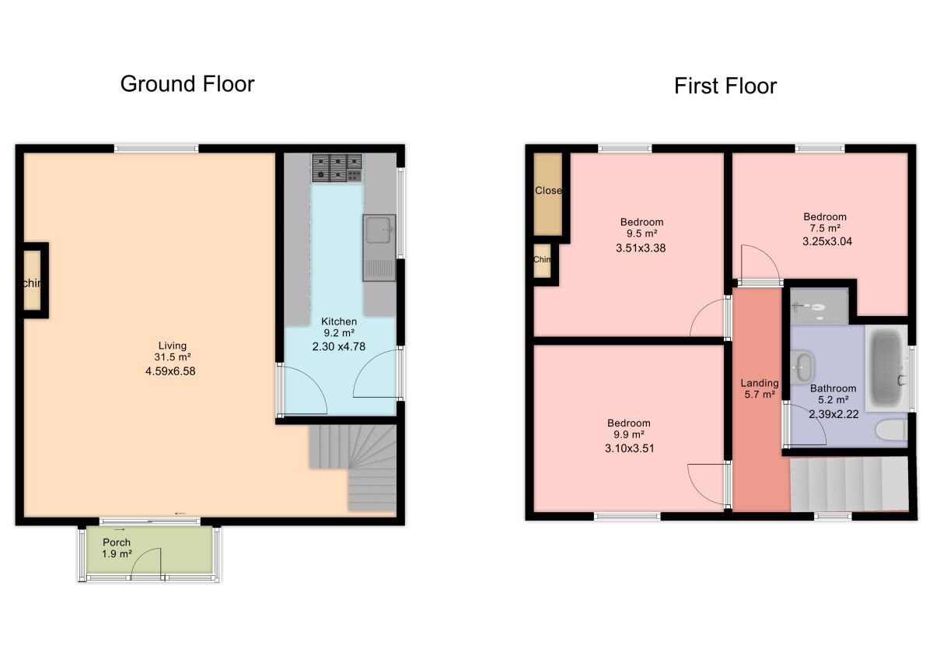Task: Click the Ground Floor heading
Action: pos(187,84)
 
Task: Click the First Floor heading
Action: pos(725,86)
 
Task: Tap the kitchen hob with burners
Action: pos(337,167)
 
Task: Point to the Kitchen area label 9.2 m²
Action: pos(340,334)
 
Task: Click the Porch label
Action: pos(117,542)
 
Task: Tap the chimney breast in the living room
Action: pos(33,281)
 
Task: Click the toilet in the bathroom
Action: pos(891,430)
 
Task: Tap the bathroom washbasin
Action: pos(804,364)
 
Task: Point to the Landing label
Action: pos(759,383)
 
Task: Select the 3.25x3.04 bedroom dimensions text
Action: pos(825,241)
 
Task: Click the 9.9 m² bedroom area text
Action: pos(628,435)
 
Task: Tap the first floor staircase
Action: pos(849,484)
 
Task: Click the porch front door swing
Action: pos(146,562)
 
